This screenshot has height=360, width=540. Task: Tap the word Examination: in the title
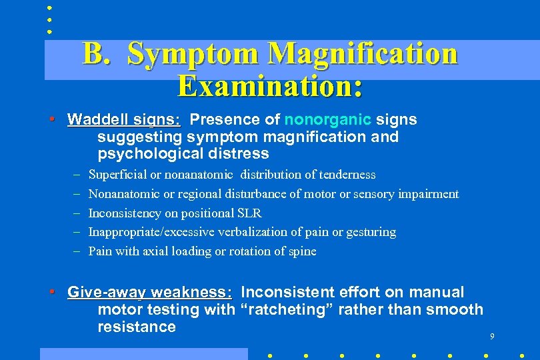[x=271, y=86]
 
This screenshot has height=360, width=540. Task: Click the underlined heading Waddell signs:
[x=124, y=120]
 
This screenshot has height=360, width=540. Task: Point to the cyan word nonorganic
[x=327, y=120]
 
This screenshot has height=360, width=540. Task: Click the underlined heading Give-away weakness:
[x=150, y=293]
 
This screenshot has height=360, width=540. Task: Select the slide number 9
[x=492, y=337]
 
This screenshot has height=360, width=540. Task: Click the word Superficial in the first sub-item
[x=118, y=175]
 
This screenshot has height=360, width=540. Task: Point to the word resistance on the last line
[x=136, y=327]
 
